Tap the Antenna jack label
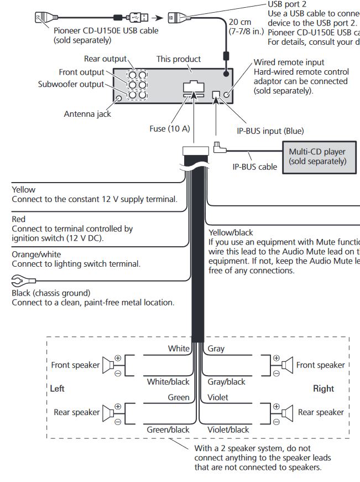[x=87, y=114]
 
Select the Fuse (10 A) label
[x=169, y=128]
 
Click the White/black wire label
[x=168, y=382]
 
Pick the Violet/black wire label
[x=228, y=429]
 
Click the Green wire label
[x=179, y=397]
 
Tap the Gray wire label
[x=216, y=349]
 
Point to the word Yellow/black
[x=231, y=232]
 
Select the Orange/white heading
[x=36, y=255]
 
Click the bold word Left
[x=58, y=388]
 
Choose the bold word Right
[x=324, y=388]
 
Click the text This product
[x=179, y=59]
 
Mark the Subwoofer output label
[x=71, y=84]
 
